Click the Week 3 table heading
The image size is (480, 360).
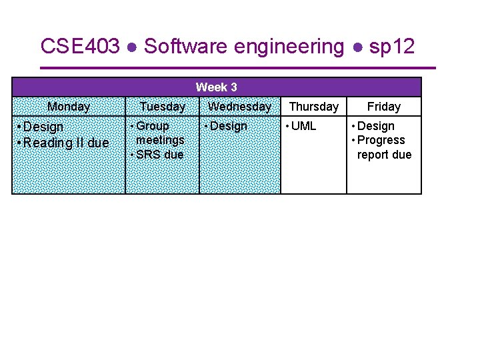(x=216, y=87)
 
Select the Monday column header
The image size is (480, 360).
(x=69, y=107)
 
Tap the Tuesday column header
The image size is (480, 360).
(x=162, y=107)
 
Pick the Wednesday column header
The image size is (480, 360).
(x=239, y=107)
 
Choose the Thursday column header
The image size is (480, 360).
(x=313, y=107)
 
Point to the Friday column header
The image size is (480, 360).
(x=384, y=107)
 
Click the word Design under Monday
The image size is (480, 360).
(x=43, y=127)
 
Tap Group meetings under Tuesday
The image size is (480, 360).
(x=159, y=133)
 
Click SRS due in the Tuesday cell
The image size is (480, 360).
(x=159, y=155)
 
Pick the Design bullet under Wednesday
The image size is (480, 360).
(x=228, y=126)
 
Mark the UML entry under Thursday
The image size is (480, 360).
(x=304, y=126)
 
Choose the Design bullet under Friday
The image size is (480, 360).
(x=376, y=126)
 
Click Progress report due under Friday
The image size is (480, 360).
(x=383, y=147)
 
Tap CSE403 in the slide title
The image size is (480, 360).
(x=80, y=47)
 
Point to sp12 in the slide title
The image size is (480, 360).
(x=392, y=47)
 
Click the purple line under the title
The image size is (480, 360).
(x=238, y=68)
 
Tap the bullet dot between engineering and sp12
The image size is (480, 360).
(x=358, y=47)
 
